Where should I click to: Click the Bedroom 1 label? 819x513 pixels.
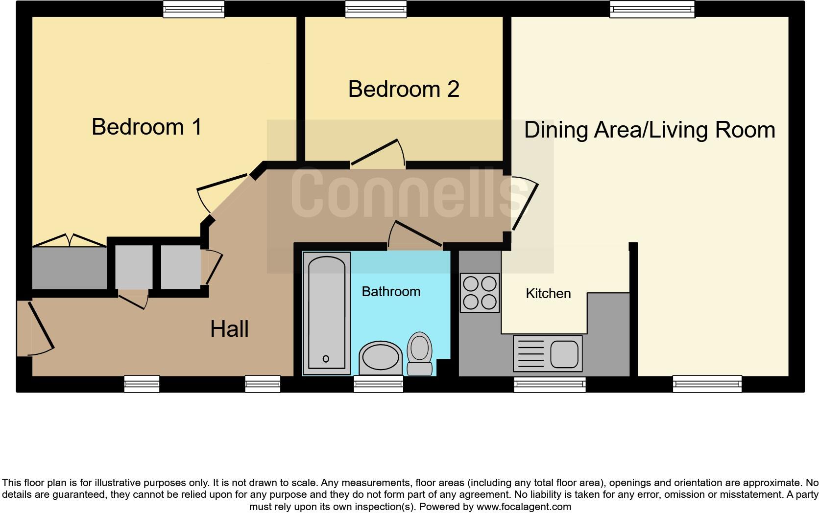tap(146, 127)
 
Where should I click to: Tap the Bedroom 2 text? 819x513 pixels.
tap(404, 89)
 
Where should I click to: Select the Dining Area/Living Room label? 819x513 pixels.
tap(650, 130)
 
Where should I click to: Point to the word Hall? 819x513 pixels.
tap(229, 329)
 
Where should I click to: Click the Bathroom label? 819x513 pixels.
tap(391, 292)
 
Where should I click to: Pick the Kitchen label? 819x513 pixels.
tap(548, 294)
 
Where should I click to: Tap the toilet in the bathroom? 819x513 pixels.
tap(419, 353)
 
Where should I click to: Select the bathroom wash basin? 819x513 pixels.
tap(380, 356)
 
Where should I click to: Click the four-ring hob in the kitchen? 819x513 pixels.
tap(480, 293)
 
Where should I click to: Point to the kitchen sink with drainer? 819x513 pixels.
tap(548, 353)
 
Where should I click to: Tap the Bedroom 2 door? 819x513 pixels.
tap(376, 152)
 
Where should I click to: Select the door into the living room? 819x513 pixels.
tap(524, 206)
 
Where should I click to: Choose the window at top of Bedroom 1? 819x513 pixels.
tap(193, 9)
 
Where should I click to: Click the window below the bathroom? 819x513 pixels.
tap(379, 384)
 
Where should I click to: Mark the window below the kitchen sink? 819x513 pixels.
tap(550, 384)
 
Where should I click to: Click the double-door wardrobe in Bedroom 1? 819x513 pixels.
tap(69, 267)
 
